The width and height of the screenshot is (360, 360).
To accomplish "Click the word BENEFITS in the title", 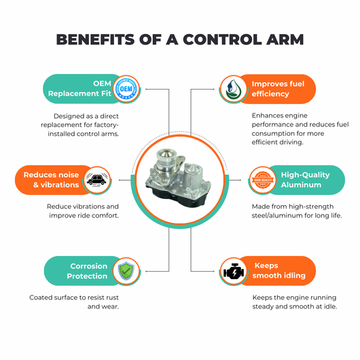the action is coord(95,39).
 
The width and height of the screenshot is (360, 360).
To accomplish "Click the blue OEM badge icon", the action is coord(126,88).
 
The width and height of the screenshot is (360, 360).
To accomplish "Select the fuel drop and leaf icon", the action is coord(233,89).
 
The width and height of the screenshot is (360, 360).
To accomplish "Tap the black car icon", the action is coord(97,180).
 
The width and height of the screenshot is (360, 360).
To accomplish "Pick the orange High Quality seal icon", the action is coord(263,180).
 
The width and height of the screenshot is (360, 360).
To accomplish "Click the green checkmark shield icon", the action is coord(126,271).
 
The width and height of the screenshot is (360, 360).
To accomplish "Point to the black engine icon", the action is coord(234,272).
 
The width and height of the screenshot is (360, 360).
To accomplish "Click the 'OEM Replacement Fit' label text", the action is coord(79,88).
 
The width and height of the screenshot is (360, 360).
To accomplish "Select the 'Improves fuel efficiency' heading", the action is coord(278,88).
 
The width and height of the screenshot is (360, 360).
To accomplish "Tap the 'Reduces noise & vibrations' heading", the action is coord(51,180).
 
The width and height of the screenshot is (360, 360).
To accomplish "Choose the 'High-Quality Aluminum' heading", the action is coord(306,180).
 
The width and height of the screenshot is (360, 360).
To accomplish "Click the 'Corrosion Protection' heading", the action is coord(87,271).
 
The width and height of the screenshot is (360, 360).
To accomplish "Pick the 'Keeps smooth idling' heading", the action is coord(279,270).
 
